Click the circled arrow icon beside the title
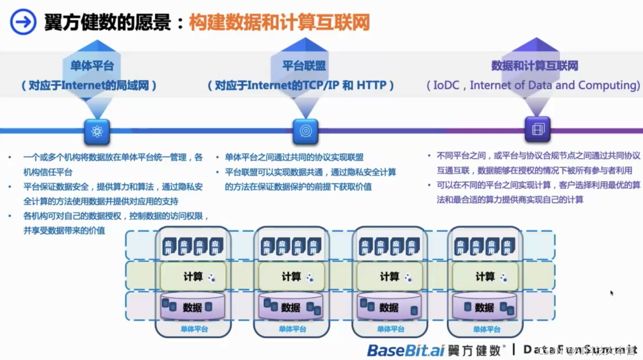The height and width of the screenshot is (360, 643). pos(23,22)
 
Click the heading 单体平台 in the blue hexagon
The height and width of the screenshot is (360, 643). pos(92,66)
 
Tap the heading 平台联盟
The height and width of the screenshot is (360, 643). pos(304,66)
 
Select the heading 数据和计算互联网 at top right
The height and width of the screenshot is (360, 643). pos(534,66)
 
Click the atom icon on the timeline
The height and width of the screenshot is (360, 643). pos(97,132)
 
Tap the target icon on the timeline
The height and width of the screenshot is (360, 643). pos(305,132)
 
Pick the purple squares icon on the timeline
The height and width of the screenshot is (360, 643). pos(537,129)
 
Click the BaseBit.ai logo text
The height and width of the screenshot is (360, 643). pos(406,350)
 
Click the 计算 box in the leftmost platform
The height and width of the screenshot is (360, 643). pos(193,277)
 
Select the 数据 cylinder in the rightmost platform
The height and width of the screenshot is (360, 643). pos(485,307)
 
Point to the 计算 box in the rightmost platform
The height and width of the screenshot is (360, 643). pos(485,277)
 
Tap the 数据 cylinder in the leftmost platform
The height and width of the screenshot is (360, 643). pos(193,307)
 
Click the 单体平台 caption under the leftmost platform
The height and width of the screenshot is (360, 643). pos(194,329)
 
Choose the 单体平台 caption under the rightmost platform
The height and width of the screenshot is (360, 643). pos(486,329)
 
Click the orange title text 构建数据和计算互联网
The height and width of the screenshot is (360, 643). pos(279,22)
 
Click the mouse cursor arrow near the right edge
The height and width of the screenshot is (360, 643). pos(611,293)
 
